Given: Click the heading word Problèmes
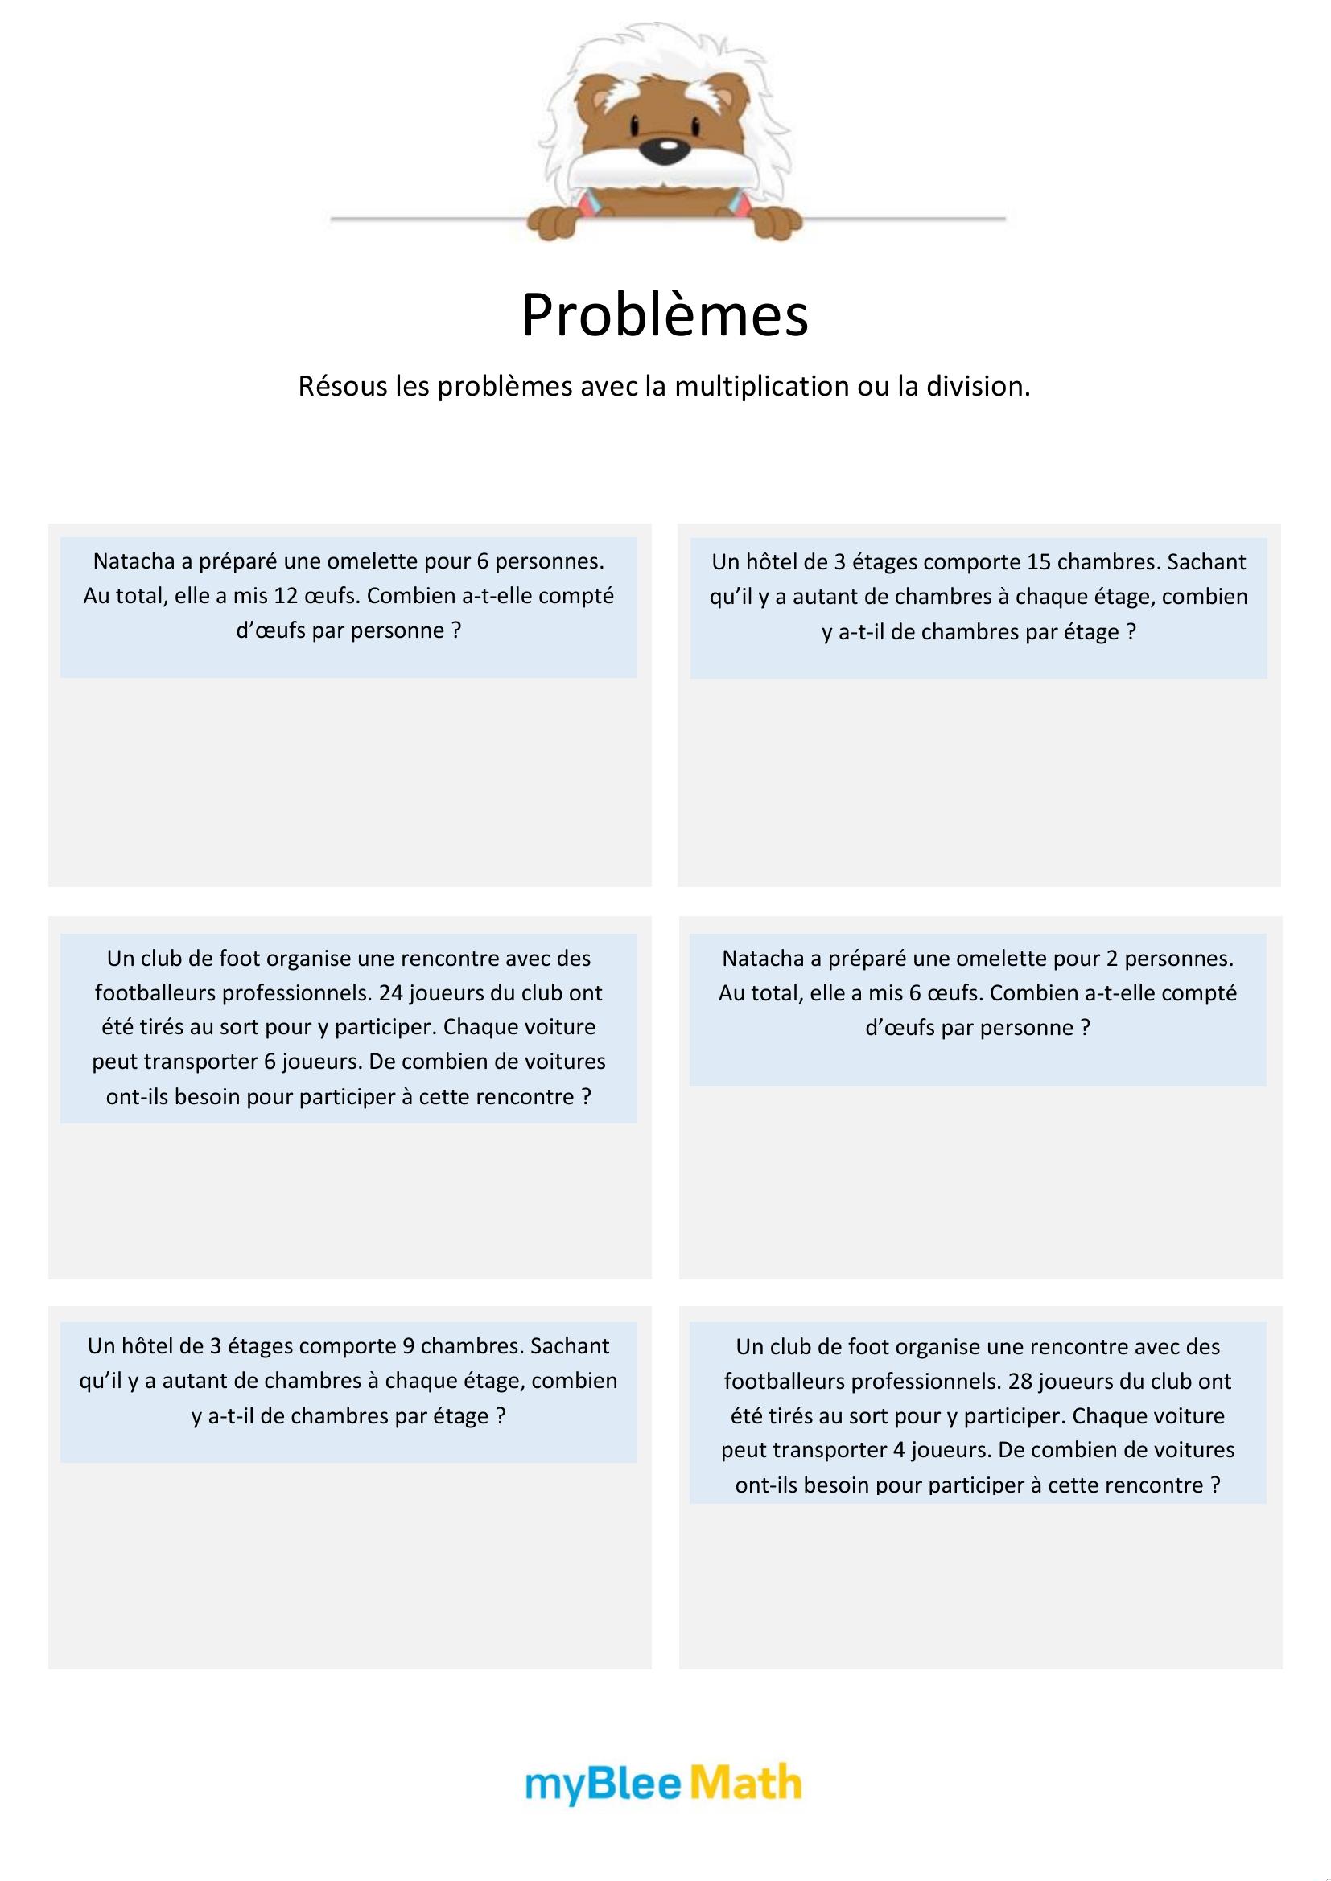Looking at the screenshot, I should [x=665, y=314].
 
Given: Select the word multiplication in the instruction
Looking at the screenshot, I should [x=761, y=386].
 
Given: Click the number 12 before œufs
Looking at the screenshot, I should [x=285, y=596].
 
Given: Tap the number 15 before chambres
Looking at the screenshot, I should [x=1040, y=562].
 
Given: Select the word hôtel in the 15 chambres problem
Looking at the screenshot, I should [x=775, y=562].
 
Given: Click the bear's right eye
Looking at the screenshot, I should [x=695, y=127].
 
